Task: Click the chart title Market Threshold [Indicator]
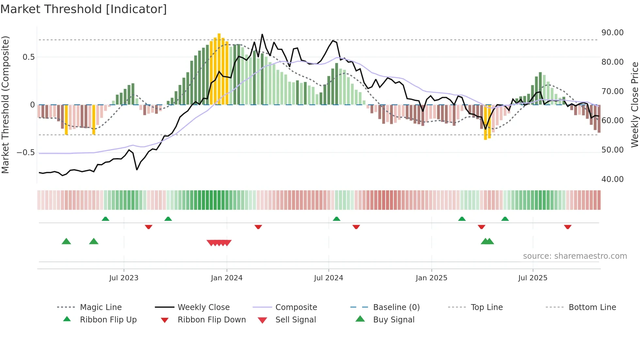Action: [84, 9]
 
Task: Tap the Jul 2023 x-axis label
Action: [124, 278]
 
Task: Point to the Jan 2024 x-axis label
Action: [227, 278]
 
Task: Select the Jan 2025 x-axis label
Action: [431, 278]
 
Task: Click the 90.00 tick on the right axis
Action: [612, 33]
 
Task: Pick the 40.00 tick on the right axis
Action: [612, 179]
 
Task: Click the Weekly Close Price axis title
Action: [634, 105]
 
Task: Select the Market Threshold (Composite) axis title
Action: [5, 105]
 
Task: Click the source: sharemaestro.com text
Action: [575, 256]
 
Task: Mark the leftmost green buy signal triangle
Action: [66, 241]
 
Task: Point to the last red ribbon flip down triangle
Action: [568, 227]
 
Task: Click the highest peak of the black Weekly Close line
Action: [262, 34]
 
